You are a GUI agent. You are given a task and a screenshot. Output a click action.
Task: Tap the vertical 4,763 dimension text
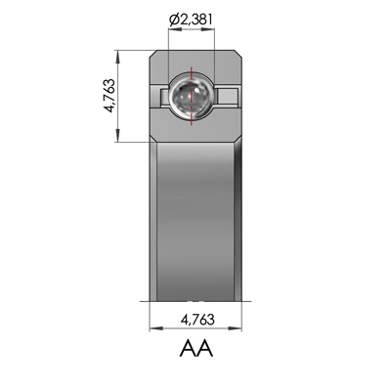tap(109, 96)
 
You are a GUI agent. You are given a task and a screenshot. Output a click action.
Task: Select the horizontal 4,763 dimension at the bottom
tap(195, 319)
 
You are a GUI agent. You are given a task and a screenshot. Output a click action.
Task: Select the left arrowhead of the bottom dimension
tap(153, 329)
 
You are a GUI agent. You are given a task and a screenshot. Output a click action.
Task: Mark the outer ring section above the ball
tap(195, 63)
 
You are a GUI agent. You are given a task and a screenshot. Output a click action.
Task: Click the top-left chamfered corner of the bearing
tap(154, 53)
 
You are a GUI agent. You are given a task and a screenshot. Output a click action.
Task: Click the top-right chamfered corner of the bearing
tap(237, 53)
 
